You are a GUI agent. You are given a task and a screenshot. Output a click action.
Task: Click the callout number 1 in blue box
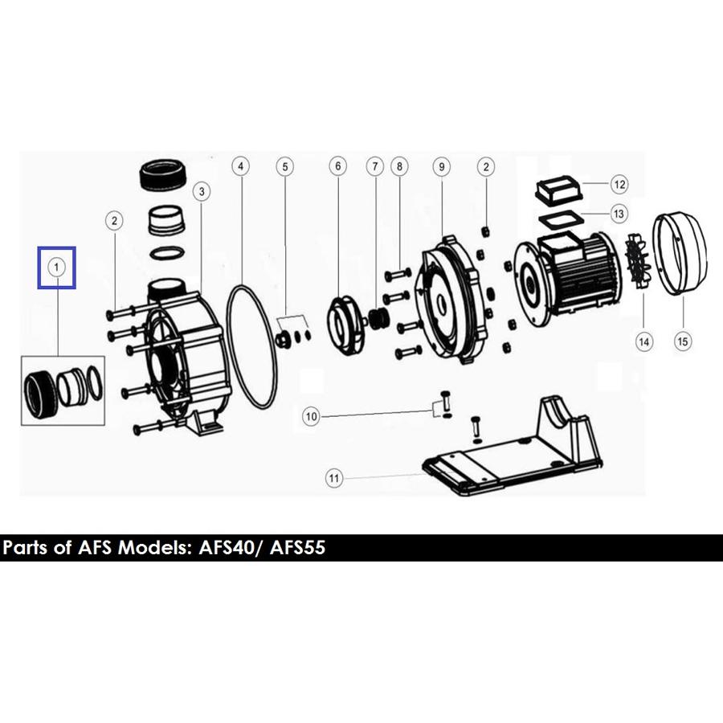[57, 268]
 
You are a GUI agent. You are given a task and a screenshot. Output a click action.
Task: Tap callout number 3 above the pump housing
[202, 191]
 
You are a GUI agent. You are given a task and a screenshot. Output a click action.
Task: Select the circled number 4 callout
[241, 166]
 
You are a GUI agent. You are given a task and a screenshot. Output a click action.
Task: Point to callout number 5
[285, 167]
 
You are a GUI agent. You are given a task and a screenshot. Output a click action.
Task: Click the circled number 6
[338, 166]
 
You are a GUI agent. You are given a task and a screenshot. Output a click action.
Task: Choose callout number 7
[375, 167]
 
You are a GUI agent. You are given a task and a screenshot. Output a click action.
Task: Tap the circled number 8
[399, 167]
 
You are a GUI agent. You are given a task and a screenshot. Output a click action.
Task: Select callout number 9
[442, 167]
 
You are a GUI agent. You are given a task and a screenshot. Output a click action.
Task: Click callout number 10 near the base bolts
[311, 417]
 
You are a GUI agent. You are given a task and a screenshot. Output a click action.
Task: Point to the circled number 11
[334, 478]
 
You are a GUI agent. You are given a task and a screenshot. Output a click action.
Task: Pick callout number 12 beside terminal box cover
[619, 185]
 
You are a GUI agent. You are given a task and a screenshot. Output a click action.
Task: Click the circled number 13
[619, 214]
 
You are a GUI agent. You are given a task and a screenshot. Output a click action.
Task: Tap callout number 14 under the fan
[643, 341]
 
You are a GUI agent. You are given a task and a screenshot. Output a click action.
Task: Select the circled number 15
[683, 341]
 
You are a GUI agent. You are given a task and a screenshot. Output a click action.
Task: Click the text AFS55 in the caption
[298, 548]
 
